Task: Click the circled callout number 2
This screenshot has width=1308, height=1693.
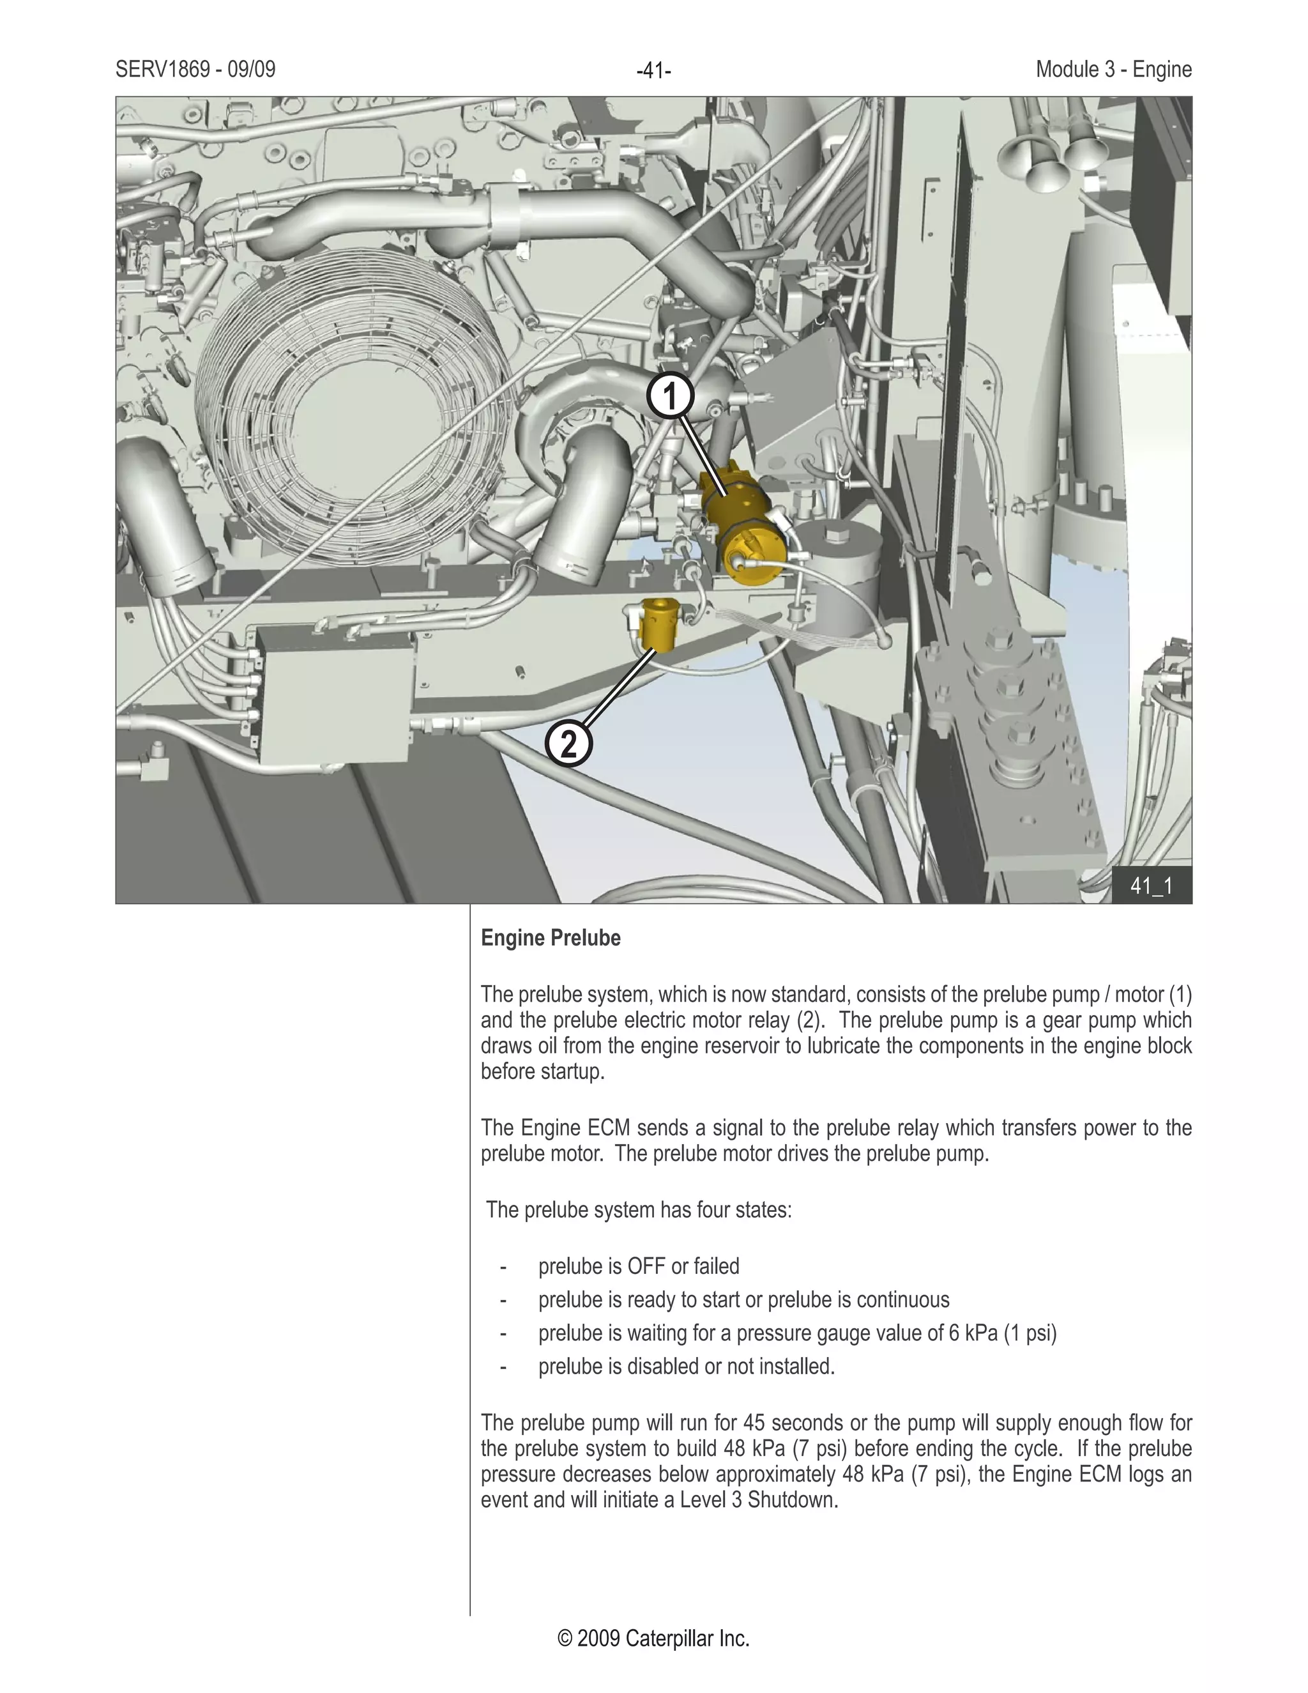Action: pos(569,744)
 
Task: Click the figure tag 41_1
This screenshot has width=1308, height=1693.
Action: pos(1152,886)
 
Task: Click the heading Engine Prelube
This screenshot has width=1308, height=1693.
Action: pos(551,938)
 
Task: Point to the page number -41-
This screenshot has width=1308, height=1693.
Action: pos(653,72)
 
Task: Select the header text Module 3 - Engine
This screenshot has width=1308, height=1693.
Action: pos(1113,70)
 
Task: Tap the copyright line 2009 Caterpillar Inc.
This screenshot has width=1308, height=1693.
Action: pos(653,1639)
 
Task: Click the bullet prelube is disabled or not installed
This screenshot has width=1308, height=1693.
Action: pos(687,1366)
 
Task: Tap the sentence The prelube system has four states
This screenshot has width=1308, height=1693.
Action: pos(639,1210)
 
